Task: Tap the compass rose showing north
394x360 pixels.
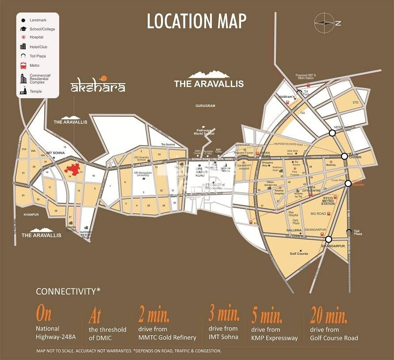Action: [325, 22]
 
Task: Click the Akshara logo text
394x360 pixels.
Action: [98, 86]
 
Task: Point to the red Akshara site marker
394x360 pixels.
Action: [73, 169]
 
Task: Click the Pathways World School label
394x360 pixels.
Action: [206, 132]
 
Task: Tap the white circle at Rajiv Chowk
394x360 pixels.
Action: [344, 156]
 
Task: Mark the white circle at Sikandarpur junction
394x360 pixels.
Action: [329, 239]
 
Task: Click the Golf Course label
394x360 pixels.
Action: [298, 253]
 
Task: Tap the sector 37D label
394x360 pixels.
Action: [356, 103]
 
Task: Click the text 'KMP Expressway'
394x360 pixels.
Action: [274, 338]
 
